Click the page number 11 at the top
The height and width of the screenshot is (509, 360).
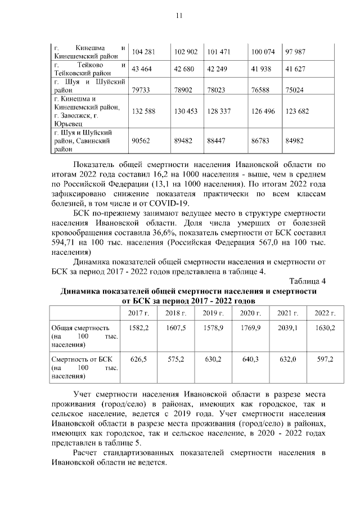(x=179, y=15)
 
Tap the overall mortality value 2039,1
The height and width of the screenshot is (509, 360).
(x=287, y=327)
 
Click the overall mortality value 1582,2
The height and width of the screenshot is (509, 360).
(x=138, y=327)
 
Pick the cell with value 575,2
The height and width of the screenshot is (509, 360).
(x=176, y=359)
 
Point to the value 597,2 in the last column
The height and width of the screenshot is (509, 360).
(x=325, y=359)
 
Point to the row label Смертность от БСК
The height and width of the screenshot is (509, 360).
(x=83, y=359)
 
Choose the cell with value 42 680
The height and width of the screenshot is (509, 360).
(x=186, y=69)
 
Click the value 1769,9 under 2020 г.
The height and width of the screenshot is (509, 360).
(x=250, y=327)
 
